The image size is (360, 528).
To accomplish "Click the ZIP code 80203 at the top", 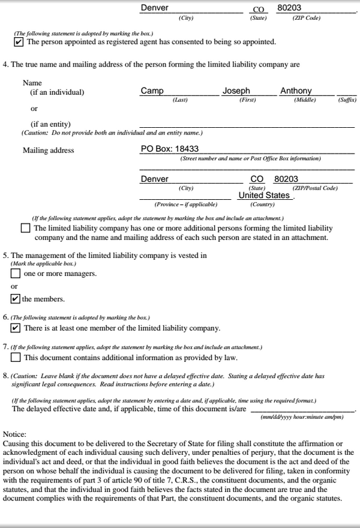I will pos(289,8).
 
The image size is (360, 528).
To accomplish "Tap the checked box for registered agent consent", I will pos(19,42).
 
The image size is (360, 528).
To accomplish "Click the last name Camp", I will pos(152,91).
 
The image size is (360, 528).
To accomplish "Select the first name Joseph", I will pos(236,91).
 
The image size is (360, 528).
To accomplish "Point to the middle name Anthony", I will pos(296,91).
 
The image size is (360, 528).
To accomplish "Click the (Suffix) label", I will pos(347,100).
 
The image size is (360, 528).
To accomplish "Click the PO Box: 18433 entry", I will pos(170,149).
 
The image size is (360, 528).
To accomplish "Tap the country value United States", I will pos(264,195).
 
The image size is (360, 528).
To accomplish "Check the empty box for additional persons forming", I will pos(25,228).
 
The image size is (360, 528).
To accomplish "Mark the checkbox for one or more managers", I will pos(16,274).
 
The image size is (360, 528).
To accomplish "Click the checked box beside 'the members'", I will pos(16,299).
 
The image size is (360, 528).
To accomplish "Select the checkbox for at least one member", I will pos(16,328).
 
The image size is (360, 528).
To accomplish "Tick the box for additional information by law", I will pos(16,357).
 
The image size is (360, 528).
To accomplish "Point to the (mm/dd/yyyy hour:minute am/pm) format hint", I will pos(302,417).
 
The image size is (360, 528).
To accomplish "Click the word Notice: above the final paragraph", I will pos(14,434).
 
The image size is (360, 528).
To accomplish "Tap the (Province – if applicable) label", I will pos(186,204).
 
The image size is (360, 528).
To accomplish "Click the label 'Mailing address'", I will pos(49,150).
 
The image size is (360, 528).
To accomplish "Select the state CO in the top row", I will pos(259,9).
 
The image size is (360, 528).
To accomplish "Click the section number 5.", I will pos(5,255).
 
